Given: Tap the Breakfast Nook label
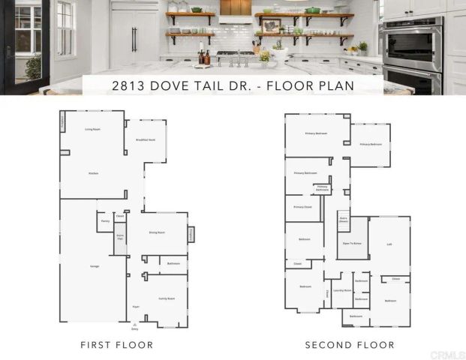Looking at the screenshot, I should click(x=146, y=140).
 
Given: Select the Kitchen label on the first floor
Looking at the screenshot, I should click(x=93, y=173).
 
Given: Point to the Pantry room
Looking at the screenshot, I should click(x=105, y=221).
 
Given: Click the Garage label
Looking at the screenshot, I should click(x=95, y=266).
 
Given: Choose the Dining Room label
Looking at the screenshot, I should click(x=157, y=233).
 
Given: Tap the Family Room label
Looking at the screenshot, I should click(x=166, y=298).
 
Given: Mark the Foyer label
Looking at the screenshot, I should click(x=136, y=307).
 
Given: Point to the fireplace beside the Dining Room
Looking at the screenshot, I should click(x=191, y=235).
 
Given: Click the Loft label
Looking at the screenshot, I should click(x=389, y=244).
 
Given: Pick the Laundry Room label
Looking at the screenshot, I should click(x=342, y=289).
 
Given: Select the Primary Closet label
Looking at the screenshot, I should click(x=302, y=207).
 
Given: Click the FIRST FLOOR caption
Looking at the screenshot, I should click(x=117, y=345).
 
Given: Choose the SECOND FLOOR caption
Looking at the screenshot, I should click(x=349, y=345).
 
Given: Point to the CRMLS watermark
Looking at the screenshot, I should click(x=448, y=354).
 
